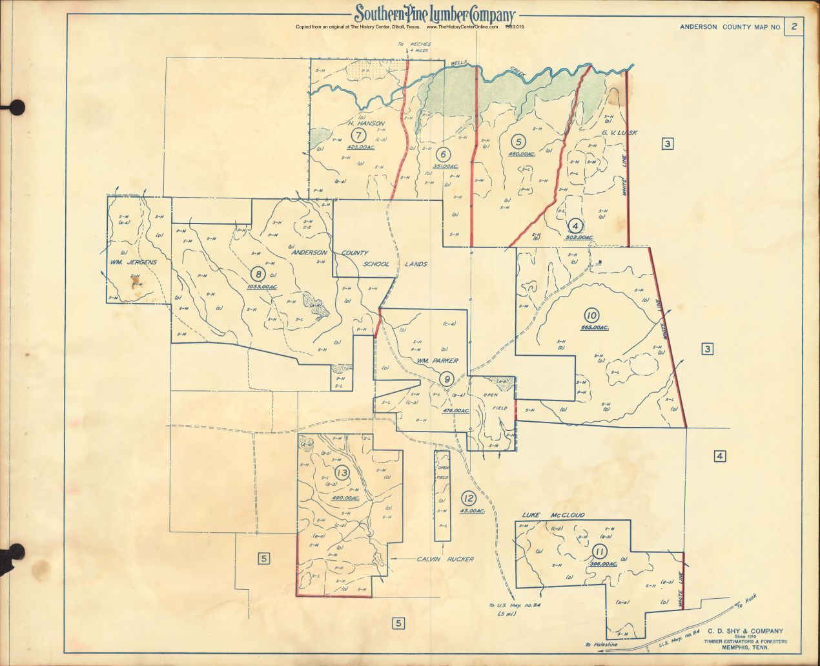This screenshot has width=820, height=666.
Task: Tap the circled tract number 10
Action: click(591, 316)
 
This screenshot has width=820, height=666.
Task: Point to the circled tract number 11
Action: click(600, 552)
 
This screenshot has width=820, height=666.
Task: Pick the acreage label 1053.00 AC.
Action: click(262, 286)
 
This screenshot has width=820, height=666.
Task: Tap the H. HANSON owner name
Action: click(366, 123)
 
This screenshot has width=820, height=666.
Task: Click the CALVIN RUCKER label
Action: click(445, 559)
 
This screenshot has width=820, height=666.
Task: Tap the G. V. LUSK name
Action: click(619, 133)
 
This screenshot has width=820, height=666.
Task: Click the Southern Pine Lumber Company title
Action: click(434, 14)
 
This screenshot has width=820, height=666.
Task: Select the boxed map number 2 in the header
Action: click(794, 26)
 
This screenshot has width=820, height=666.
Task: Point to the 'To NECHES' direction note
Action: click(414, 45)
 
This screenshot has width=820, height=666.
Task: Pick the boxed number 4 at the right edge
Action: click(720, 457)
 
